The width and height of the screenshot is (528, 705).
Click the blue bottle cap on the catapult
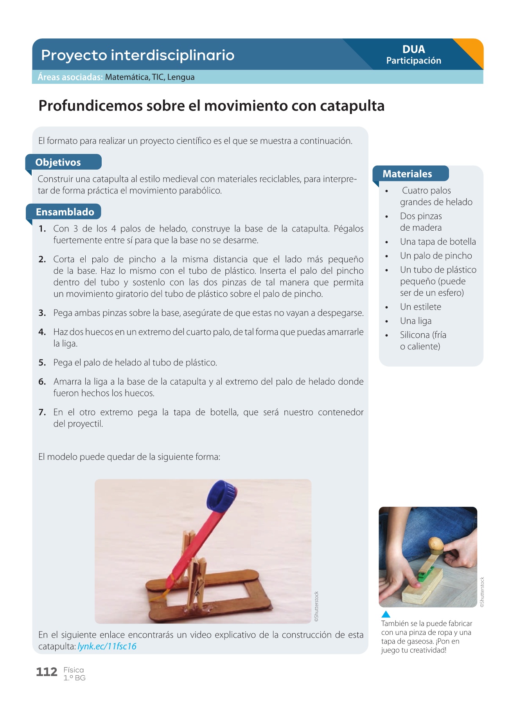tap(222, 496)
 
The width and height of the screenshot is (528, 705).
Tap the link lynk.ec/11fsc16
tap(107, 646)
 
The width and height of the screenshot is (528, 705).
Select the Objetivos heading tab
tap(63, 162)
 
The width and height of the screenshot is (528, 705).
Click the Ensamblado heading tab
tap(63, 212)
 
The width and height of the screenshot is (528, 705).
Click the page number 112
tap(47, 672)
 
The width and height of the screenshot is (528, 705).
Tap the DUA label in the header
tap(414, 49)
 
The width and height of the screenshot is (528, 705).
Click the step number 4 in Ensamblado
tap(42, 332)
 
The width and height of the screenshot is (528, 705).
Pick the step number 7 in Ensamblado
tap(42, 412)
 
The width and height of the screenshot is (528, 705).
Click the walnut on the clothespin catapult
tap(436, 544)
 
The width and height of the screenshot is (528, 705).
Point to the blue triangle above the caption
tap(386, 614)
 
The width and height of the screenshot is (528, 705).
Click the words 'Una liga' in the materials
tap(416, 321)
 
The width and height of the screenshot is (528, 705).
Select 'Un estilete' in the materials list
tap(420, 307)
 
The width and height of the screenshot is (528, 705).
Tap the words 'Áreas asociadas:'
tap(70, 77)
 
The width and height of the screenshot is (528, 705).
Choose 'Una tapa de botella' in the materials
tap(438, 242)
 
